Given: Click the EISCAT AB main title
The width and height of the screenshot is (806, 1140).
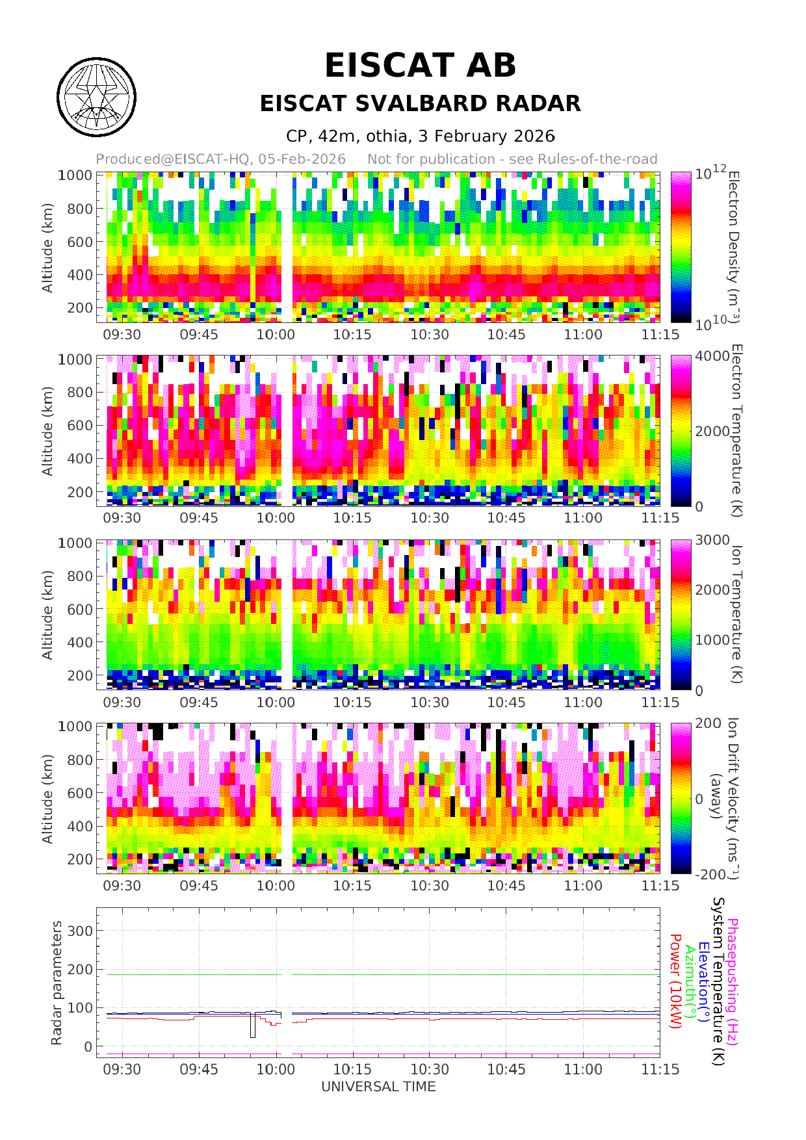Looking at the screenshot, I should coord(420,66).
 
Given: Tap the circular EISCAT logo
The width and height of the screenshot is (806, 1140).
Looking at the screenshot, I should coord(96,97).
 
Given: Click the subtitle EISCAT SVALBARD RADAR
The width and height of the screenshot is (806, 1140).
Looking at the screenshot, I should coord(420,104).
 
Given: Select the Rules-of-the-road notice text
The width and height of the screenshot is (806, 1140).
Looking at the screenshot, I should coord(512,159).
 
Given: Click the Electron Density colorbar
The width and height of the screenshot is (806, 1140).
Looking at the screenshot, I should coord(681,247).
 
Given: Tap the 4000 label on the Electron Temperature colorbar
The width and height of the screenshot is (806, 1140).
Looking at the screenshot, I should coord(712,356).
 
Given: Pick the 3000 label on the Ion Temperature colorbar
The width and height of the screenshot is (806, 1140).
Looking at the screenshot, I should coord(712,540).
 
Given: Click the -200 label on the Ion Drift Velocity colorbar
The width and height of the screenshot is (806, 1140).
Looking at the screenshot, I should coord(710,874).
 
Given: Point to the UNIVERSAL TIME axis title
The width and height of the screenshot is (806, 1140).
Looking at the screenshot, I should coord(378,1087).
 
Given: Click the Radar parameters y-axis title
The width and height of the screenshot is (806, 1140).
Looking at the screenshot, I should coord(57,983).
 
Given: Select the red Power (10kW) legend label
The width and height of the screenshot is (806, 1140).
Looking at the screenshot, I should coord(676,981).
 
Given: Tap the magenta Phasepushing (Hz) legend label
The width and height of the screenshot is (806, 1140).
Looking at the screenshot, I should coord(733,981).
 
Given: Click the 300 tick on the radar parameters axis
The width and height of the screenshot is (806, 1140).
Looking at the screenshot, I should coord(80,931).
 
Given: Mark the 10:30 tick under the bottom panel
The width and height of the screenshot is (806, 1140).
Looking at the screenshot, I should coord(429,1070).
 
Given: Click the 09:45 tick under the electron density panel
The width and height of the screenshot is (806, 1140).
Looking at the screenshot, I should coord(199,335).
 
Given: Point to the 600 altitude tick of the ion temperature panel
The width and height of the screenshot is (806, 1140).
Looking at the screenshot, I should coord(80,610).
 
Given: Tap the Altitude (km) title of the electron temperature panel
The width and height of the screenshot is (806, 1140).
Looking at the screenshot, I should coord(47,431).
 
